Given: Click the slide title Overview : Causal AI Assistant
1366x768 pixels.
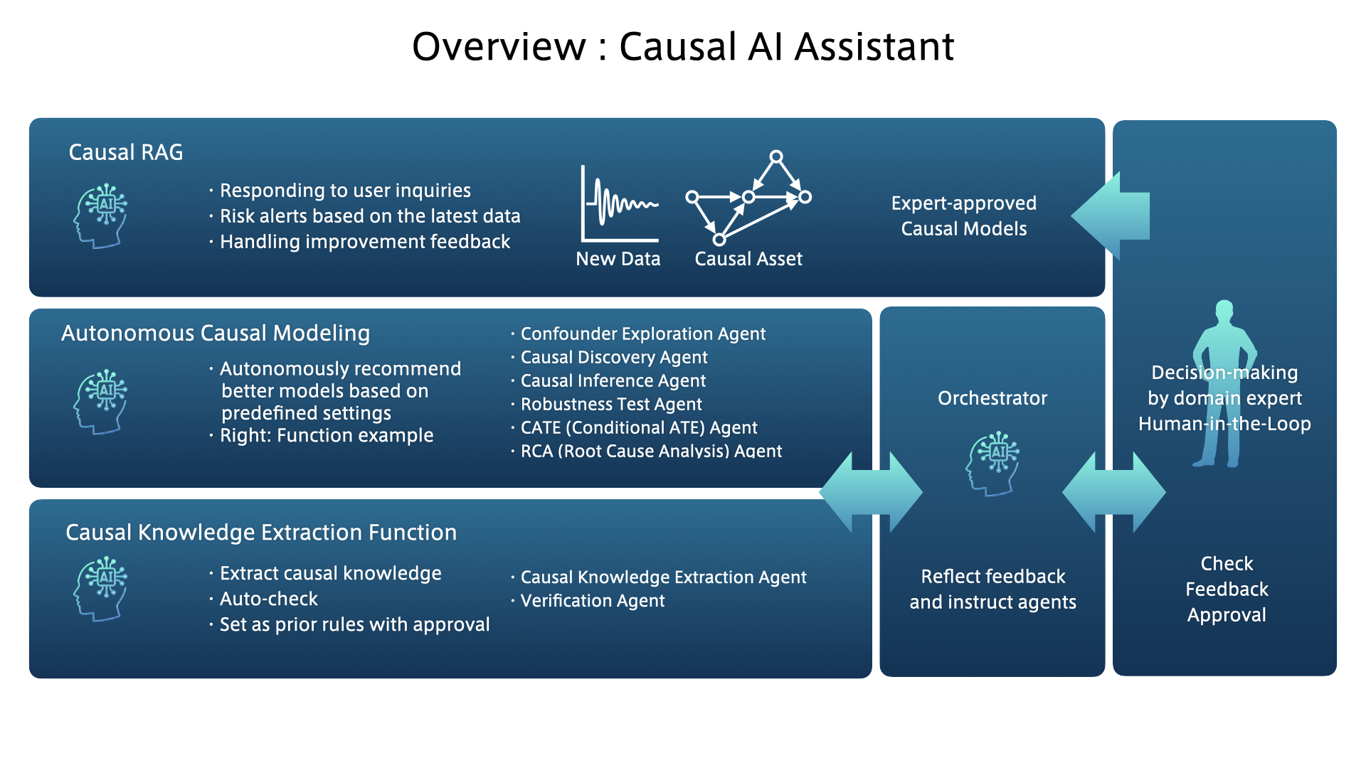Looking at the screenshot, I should pyautogui.click(x=683, y=47).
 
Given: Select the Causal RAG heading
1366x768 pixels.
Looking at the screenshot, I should pyautogui.click(x=126, y=152).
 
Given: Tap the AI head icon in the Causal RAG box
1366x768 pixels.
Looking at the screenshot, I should pyautogui.click(x=101, y=215).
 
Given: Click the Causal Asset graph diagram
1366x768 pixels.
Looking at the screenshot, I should pyautogui.click(x=748, y=198).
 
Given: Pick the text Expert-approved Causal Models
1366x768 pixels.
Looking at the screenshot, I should pyautogui.click(x=963, y=216).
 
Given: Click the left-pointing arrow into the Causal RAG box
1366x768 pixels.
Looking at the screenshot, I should pyautogui.click(x=1111, y=215).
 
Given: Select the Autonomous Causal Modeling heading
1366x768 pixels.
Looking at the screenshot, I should pyautogui.click(x=216, y=333).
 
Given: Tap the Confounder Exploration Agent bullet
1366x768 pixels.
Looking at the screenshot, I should pyautogui.click(x=642, y=334).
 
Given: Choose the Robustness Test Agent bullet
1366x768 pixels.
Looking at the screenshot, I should pyautogui.click(x=611, y=404).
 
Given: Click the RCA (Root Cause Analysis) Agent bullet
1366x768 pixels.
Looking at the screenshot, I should pyautogui.click(x=651, y=451).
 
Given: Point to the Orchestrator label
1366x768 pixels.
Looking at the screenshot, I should pyautogui.click(x=992, y=398).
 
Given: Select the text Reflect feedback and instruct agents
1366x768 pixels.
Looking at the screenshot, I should pyautogui.click(x=992, y=589).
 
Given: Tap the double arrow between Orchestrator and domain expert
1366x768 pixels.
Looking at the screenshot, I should pyautogui.click(x=1113, y=492).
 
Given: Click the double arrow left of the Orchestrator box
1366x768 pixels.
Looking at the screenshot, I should pyautogui.click(x=871, y=492).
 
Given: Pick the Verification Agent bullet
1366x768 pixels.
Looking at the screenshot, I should pyautogui.click(x=593, y=601).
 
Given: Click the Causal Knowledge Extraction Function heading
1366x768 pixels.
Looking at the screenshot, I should pyautogui.click(x=261, y=533).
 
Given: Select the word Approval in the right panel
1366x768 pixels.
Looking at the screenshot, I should pyautogui.click(x=1227, y=615).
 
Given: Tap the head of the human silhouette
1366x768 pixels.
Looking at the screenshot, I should pyautogui.click(x=1224, y=310).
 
